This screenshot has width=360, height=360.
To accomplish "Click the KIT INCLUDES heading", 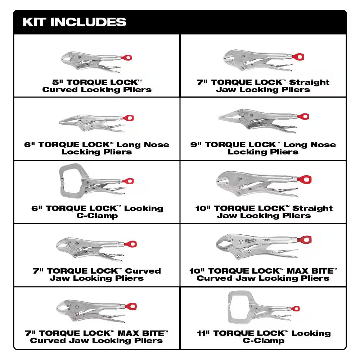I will [x=75, y=22].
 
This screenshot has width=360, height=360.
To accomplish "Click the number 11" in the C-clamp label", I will [x=203, y=333].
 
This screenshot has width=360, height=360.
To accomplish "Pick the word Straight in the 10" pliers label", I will [x=312, y=208].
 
